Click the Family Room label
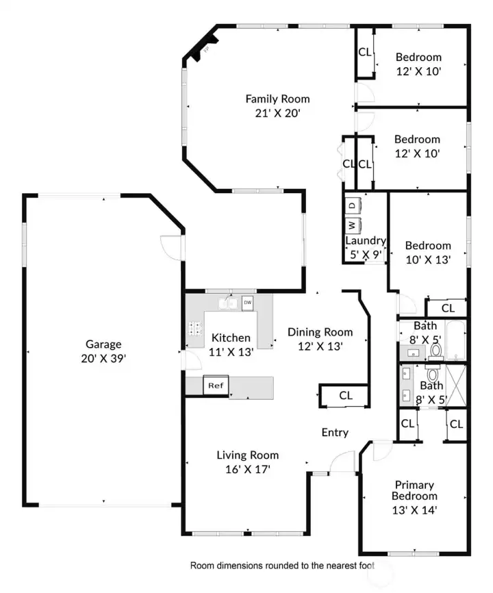[x=277, y=99]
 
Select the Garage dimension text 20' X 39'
[x=103, y=358]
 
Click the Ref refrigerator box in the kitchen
[x=216, y=386]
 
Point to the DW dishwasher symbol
[x=248, y=303]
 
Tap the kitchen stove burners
[x=195, y=328]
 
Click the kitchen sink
[x=228, y=303]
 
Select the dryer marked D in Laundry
[x=353, y=205]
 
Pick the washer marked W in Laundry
[x=353, y=225]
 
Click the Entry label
[x=335, y=432]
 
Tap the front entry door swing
[x=342, y=461]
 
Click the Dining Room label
[x=320, y=332]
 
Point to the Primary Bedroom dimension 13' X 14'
[x=414, y=510]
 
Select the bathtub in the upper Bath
[x=456, y=340]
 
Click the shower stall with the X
[x=456, y=385]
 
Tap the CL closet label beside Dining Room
[x=346, y=396]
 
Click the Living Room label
[x=248, y=455]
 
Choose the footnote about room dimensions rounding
[x=282, y=566]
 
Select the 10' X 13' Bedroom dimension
[x=428, y=260]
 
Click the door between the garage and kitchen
[x=191, y=359]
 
